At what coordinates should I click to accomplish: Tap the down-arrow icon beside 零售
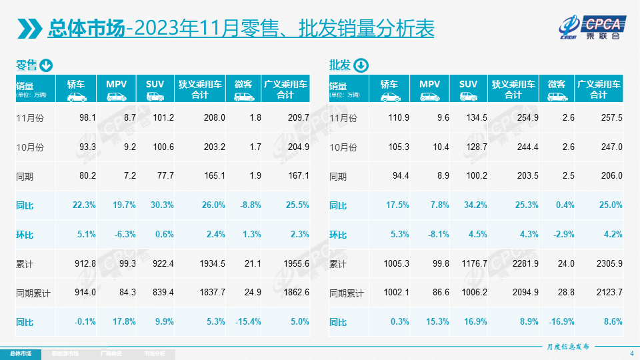(46, 65)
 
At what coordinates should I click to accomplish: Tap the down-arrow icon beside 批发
(360, 65)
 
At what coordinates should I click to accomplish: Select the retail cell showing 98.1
(87, 117)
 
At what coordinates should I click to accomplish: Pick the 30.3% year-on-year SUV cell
(161, 205)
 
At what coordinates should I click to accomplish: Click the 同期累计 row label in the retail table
(33, 293)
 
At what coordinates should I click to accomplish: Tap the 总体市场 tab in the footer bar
(20, 353)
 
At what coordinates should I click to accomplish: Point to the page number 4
(631, 353)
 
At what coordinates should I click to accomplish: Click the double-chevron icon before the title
(29, 29)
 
